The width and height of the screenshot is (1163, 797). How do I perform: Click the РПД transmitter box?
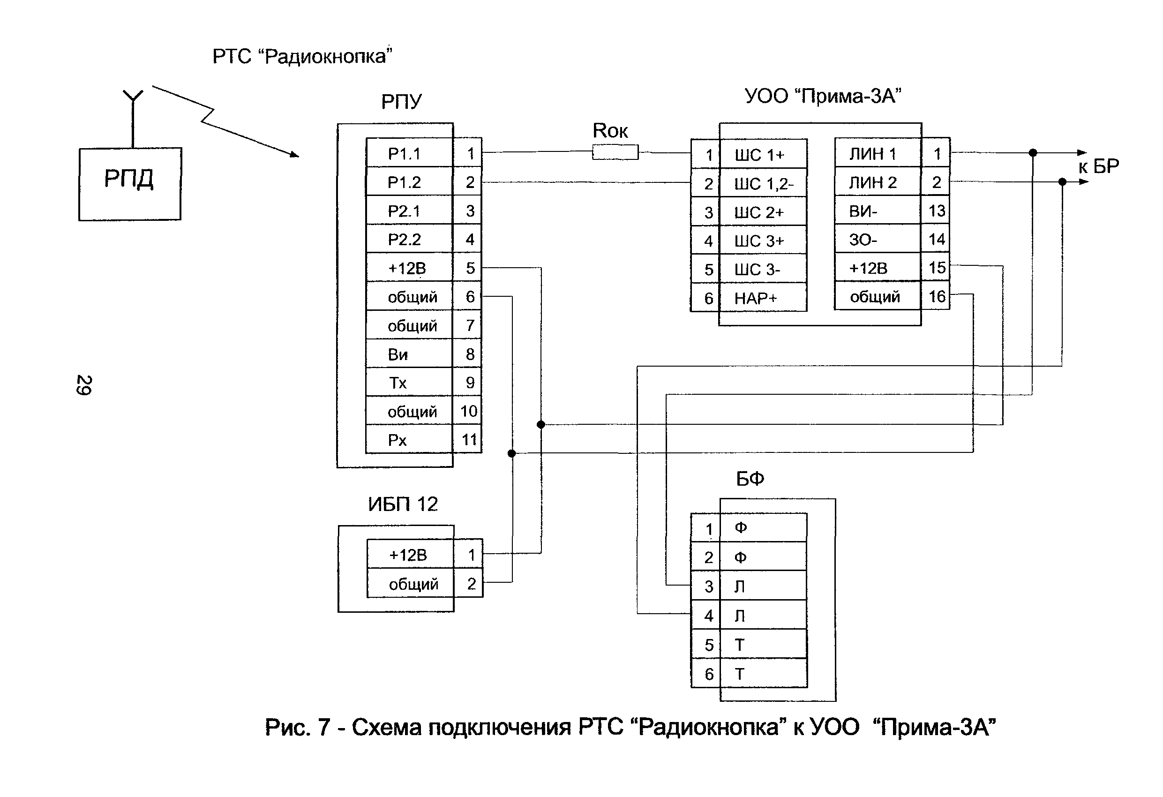pos(129,184)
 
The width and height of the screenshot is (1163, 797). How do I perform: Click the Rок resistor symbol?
pos(615,152)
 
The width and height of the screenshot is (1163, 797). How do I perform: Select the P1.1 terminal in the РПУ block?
pos(405,154)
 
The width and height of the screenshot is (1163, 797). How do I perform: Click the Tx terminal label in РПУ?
pos(398,383)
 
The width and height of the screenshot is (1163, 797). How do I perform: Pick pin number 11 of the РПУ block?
pos(469,440)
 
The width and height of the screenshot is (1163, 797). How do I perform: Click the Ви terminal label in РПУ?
pos(398,354)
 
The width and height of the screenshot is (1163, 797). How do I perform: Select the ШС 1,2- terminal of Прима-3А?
pos(763,184)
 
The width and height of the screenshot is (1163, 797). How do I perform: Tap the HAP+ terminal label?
pos(755,298)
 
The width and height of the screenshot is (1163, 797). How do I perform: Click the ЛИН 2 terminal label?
pos(873,183)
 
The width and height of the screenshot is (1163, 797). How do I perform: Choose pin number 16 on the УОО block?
pos(937,296)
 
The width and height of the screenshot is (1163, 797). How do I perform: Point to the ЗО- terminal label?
pos(863,240)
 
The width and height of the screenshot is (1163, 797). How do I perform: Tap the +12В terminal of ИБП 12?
pos(408,555)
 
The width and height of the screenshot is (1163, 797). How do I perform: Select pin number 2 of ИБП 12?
pos(471,583)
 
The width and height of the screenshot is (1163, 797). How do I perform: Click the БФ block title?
pos(750,479)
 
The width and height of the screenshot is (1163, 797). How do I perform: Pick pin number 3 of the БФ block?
pos(709,586)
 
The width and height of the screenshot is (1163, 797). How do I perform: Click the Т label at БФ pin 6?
pos(739,674)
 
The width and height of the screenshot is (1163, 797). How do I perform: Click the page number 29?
pos(83,385)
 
